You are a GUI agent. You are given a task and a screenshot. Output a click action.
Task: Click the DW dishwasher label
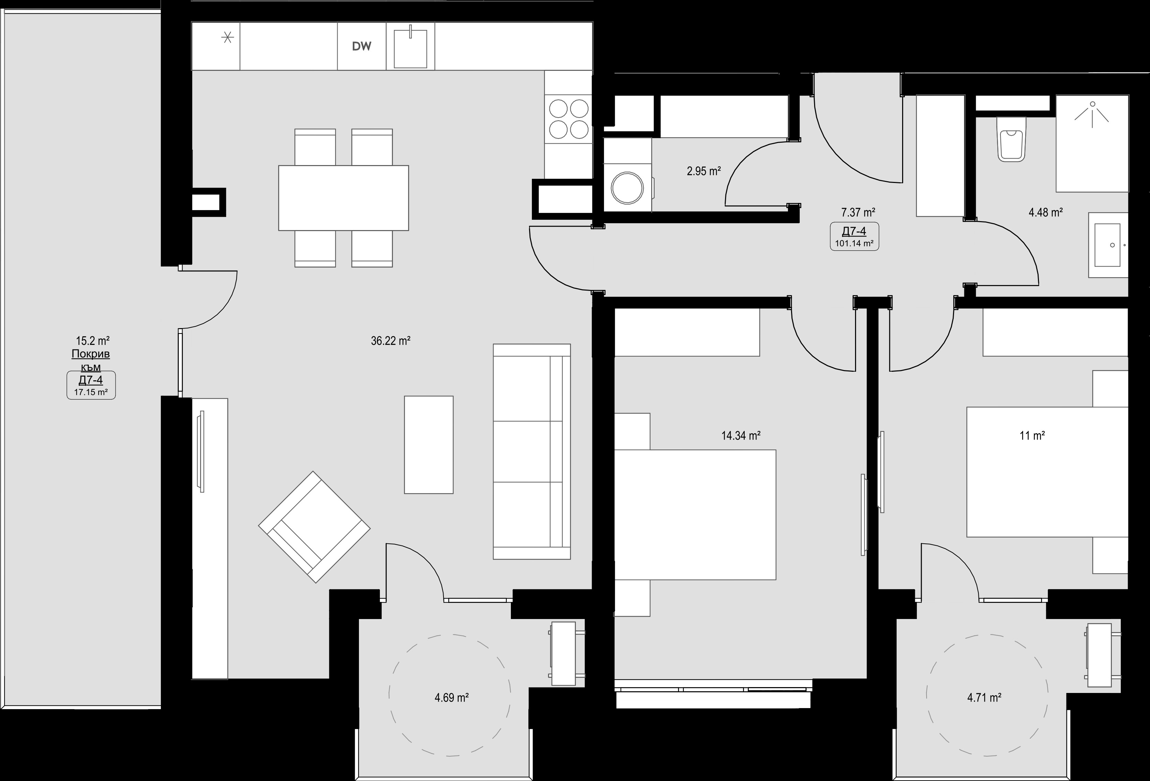361,46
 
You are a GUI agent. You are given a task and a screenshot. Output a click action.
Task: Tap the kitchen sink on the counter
410,48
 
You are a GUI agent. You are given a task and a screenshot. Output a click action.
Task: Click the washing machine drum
627,187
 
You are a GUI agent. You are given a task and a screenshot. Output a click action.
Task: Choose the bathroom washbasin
1107,245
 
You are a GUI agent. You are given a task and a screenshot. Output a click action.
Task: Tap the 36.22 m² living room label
391,340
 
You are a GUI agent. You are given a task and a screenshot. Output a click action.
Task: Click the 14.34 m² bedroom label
741,435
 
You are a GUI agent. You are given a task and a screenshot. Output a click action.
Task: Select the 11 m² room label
1032,435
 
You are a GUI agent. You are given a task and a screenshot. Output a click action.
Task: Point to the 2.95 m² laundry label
704,171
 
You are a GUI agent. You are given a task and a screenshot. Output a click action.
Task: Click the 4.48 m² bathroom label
1045,212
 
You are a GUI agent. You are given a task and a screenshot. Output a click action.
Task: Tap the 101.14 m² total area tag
854,243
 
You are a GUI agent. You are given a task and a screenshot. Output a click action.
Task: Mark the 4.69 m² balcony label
451,697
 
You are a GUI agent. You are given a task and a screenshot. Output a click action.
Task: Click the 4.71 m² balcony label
984,697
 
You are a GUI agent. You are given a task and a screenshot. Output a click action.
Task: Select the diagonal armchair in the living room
314,527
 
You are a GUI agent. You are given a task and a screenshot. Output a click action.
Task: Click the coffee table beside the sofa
428,444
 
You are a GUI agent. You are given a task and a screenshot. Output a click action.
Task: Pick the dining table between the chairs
343,198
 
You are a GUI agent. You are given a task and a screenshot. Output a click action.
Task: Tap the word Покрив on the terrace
90,354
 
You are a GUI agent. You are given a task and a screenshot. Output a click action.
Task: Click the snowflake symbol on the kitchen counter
228,37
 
